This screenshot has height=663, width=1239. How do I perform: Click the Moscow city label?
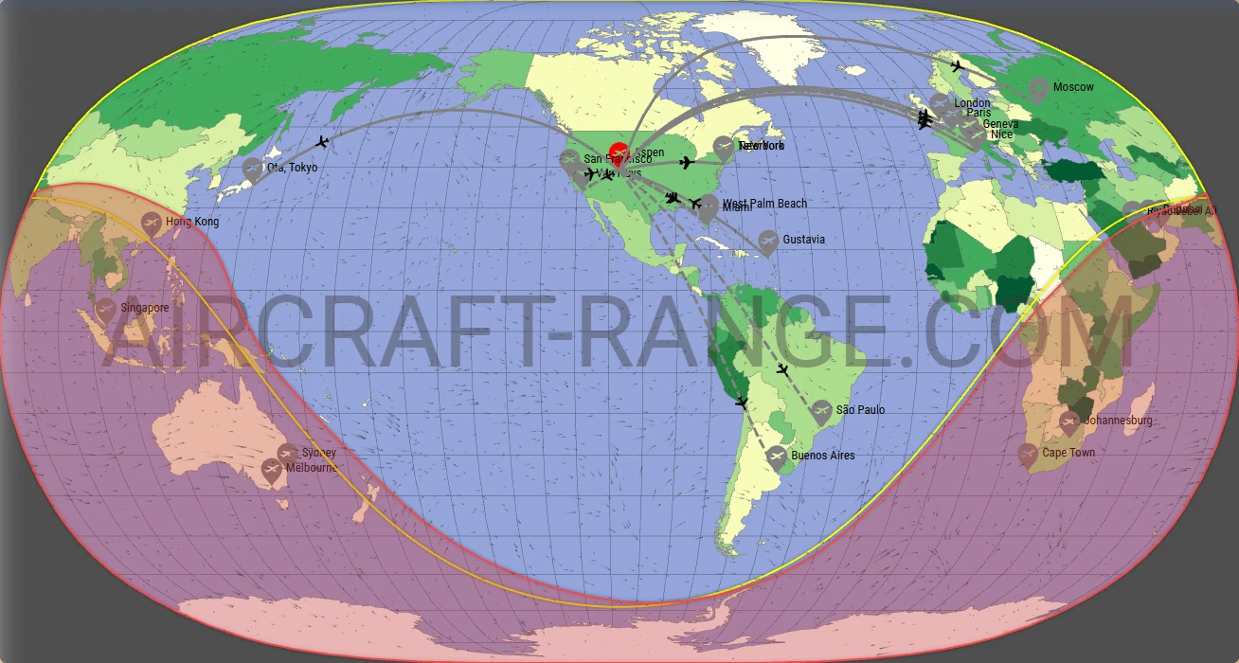pyautogui.click(x=1073, y=87)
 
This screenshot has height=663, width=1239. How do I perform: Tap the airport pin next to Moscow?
pyautogui.click(x=1038, y=89)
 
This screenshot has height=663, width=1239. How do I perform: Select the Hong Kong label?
pyautogui.click(x=192, y=222)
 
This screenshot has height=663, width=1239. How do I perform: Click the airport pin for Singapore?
pyautogui.click(x=106, y=309)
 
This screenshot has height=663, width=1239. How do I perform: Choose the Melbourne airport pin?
pyautogui.click(x=271, y=469)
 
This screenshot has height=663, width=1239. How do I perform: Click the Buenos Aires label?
pyautogui.click(x=822, y=456)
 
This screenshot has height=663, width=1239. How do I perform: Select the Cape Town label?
pyautogui.click(x=1068, y=453)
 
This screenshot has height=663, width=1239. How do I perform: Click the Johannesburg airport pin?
pyautogui.click(x=1069, y=421)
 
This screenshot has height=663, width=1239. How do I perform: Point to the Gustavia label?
pyautogui.click(x=803, y=240)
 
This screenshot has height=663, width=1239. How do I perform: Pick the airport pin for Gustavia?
pyautogui.click(x=768, y=241)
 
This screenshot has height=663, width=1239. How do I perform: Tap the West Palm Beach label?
pyautogui.click(x=764, y=204)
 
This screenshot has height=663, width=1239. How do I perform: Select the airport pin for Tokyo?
pyautogui.click(x=252, y=169)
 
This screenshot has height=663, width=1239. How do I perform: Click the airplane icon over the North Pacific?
pyautogui.click(x=322, y=142)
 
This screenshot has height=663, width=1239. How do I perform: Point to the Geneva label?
pyautogui.click(x=1000, y=124)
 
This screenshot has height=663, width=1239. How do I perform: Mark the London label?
pyautogui.click(x=972, y=103)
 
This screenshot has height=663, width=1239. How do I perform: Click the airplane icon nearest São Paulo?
pyautogui.click(x=782, y=368)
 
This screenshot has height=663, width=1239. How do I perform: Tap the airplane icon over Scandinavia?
pyautogui.click(x=957, y=66)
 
